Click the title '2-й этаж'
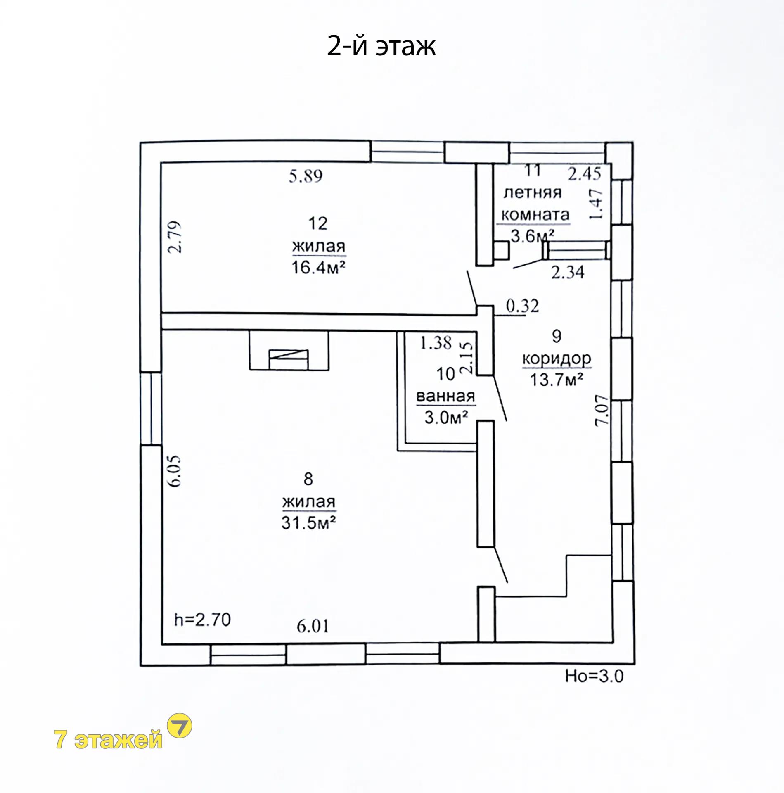click(381, 46)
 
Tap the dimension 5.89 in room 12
click(306, 176)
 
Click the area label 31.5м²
click(308, 523)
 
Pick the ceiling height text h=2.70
click(202, 620)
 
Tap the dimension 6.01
click(313, 627)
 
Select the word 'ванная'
click(445, 396)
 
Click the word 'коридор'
click(557, 359)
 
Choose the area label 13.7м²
click(556, 379)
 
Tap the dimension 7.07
click(602, 410)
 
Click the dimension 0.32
click(522, 306)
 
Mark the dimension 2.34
click(568, 272)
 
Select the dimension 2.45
click(584, 173)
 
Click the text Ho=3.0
click(594, 676)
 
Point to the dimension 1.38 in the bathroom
click(436, 343)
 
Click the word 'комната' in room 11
click(535, 215)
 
